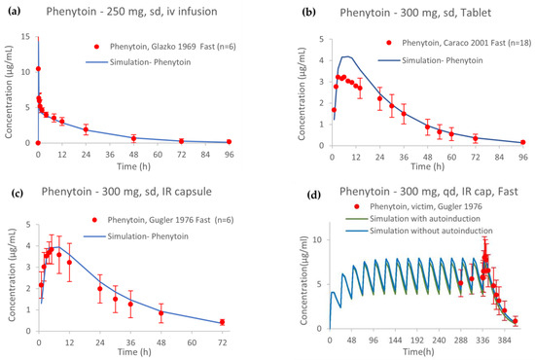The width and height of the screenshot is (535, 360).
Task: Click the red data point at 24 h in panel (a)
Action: pos(86,129)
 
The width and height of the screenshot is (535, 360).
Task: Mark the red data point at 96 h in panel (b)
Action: pos(522,142)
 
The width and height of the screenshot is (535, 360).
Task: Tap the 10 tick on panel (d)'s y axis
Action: pos(320,236)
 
